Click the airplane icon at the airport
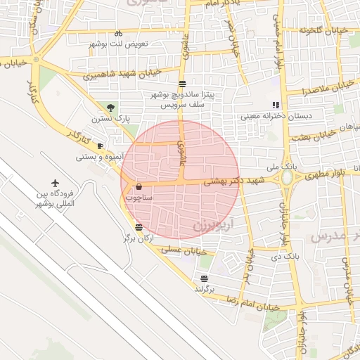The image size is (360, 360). (x=56, y=184)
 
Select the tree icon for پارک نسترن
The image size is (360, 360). (x=110, y=107)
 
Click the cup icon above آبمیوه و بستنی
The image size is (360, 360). (x=100, y=146)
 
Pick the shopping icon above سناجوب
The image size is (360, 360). (x=138, y=187)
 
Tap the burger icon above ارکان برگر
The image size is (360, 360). (x=139, y=227)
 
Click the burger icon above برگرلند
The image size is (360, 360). (x=204, y=278)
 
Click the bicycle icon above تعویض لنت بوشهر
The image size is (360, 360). (x=118, y=32)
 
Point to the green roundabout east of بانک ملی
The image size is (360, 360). (x=288, y=177)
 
